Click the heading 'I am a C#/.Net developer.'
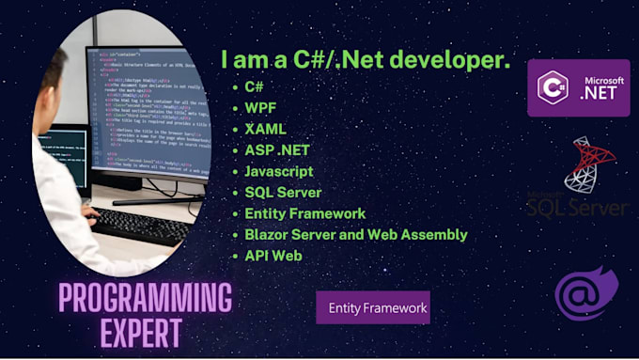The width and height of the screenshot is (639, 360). point(366,60)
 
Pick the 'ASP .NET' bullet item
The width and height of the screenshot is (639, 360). point(275,150)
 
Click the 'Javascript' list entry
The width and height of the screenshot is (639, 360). point(278,171)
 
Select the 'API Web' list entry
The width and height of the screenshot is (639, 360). point(273,256)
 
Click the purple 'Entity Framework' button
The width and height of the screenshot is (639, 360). point(373,307)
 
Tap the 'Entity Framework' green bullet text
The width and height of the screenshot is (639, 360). point(304,213)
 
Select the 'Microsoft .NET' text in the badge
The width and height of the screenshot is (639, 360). point(597,87)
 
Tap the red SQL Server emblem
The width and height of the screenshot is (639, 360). point(590,164)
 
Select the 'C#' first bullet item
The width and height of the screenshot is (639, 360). point(254,86)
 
